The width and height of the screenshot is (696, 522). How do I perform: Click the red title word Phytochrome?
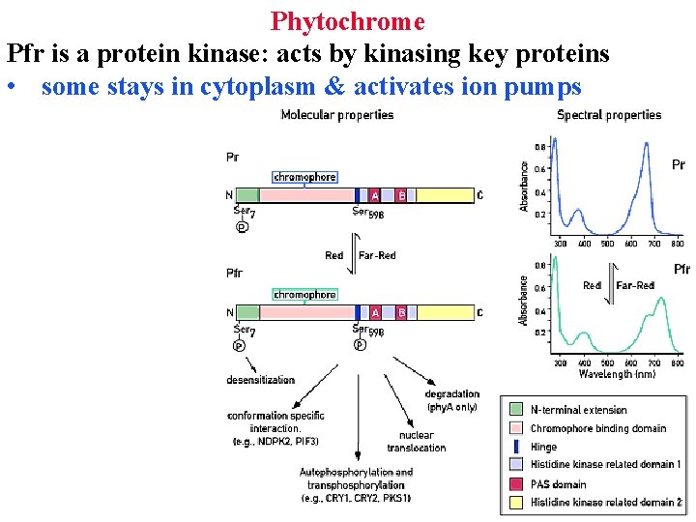point(347,20)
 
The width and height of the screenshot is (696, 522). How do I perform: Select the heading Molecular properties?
point(336,115)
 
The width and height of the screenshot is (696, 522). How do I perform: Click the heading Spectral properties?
point(609,115)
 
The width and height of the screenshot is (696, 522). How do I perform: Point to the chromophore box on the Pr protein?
point(304,177)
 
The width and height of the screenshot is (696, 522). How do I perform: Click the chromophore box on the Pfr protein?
point(304,294)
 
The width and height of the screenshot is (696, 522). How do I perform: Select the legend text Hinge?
point(544,447)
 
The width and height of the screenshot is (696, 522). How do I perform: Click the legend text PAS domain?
point(558,483)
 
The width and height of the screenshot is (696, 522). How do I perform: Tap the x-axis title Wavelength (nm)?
point(617,374)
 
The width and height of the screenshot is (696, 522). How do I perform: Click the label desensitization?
point(260,380)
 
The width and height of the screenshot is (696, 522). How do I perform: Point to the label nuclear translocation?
point(416,441)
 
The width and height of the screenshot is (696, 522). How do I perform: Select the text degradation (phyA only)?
point(451,400)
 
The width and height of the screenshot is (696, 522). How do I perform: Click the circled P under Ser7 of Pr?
point(242,227)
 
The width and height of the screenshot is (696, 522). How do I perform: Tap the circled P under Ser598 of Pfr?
point(360,344)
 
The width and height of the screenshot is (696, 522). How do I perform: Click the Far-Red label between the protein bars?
point(377,256)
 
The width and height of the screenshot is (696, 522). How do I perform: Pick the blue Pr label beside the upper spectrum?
point(679,165)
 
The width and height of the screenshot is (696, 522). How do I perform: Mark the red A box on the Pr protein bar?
point(375,195)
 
